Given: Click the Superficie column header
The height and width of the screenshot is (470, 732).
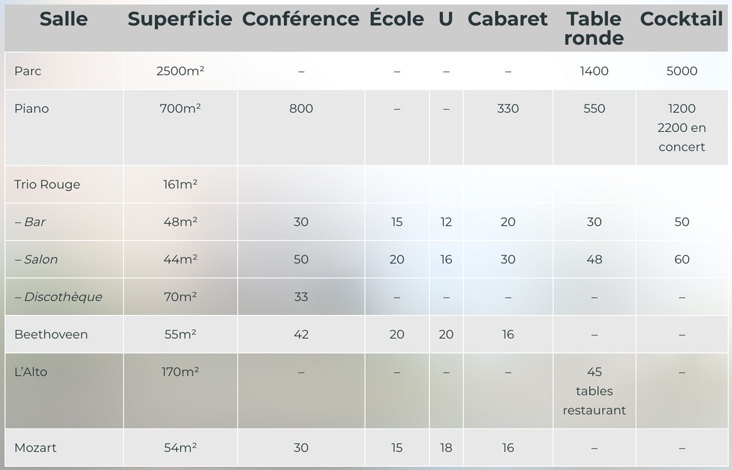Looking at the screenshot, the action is click(x=180, y=19).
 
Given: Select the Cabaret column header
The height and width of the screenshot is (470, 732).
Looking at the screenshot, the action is click(x=508, y=19).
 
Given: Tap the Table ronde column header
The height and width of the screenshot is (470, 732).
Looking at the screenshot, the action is click(x=594, y=29).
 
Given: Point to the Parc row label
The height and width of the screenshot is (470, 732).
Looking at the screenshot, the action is click(x=28, y=71).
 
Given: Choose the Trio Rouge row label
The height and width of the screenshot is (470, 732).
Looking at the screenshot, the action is click(x=47, y=184).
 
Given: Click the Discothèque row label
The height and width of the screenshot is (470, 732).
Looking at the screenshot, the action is click(x=59, y=297).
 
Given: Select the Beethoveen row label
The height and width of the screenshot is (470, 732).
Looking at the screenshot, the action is click(x=51, y=334).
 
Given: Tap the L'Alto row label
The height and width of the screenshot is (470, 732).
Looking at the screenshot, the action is click(x=30, y=372).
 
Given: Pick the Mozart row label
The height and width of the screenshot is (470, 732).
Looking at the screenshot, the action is click(x=35, y=447).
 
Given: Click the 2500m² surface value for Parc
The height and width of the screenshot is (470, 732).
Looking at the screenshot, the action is click(x=180, y=71).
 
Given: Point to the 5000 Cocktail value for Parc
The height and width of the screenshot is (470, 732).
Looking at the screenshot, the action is click(x=682, y=71).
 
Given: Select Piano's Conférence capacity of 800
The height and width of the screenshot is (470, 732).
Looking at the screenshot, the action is click(x=301, y=109).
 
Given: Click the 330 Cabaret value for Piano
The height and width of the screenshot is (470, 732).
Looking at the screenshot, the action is click(x=508, y=109).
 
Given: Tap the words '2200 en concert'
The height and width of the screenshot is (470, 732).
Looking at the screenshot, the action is click(x=682, y=137).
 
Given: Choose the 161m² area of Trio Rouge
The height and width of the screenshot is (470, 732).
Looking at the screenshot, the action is click(x=180, y=184).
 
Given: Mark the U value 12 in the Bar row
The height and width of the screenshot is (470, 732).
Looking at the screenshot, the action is click(x=446, y=222).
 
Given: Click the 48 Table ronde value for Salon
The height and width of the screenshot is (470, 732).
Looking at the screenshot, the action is click(x=594, y=259).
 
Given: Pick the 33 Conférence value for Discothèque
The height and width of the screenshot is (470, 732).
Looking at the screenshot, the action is click(x=301, y=297).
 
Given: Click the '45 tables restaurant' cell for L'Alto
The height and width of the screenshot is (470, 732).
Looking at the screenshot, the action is click(x=594, y=391).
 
